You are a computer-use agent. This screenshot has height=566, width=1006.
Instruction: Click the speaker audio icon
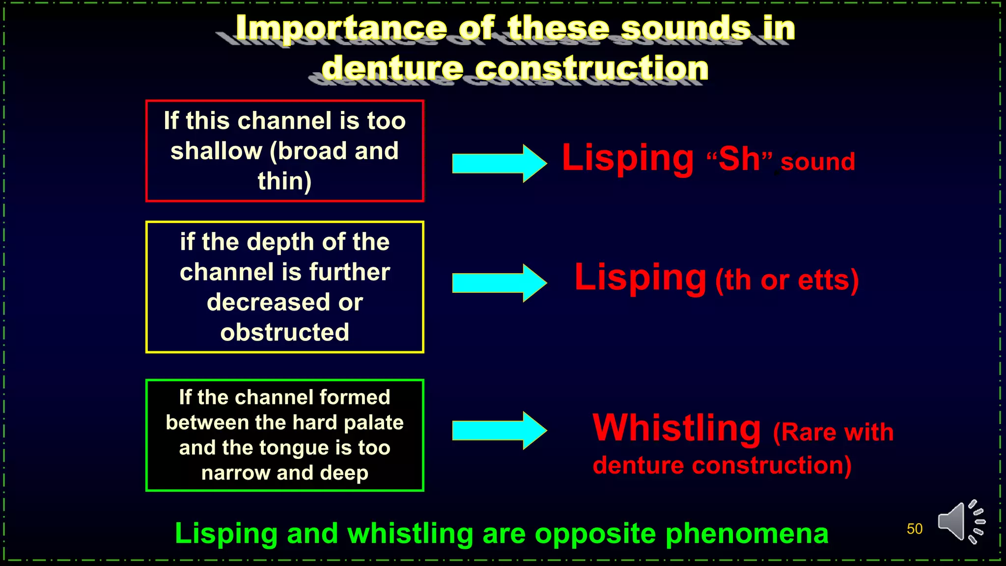[x=960, y=522]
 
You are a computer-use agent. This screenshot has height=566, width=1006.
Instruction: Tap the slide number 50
[x=914, y=529]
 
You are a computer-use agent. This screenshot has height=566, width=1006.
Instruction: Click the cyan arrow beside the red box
[x=499, y=163]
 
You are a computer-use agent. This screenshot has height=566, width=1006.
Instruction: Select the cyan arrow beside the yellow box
[x=499, y=283]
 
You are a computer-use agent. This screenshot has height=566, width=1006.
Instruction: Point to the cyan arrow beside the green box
[x=499, y=430]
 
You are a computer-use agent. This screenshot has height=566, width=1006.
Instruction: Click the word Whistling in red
[x=676, y=428]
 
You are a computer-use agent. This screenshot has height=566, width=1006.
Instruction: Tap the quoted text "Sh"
[x=739, y=159]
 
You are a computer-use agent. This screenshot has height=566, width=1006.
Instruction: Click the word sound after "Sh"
[x=818, y=162]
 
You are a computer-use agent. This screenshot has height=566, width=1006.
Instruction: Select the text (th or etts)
[x=786, y=281]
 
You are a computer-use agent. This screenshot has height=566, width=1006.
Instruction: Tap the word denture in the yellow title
[x=392, y=68]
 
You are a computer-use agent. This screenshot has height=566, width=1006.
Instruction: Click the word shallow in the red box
[x=216, y=151]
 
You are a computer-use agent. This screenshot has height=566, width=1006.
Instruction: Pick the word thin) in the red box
[x=284, y=181]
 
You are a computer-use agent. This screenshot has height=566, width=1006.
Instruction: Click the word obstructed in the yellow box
[x=284, y=332]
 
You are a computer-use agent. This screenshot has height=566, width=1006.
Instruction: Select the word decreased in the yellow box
[x=268, y=302]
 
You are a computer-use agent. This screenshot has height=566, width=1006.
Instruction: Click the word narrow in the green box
[x=235, y=473]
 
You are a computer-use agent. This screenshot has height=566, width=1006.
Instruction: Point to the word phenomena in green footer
[x=747, y=534]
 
